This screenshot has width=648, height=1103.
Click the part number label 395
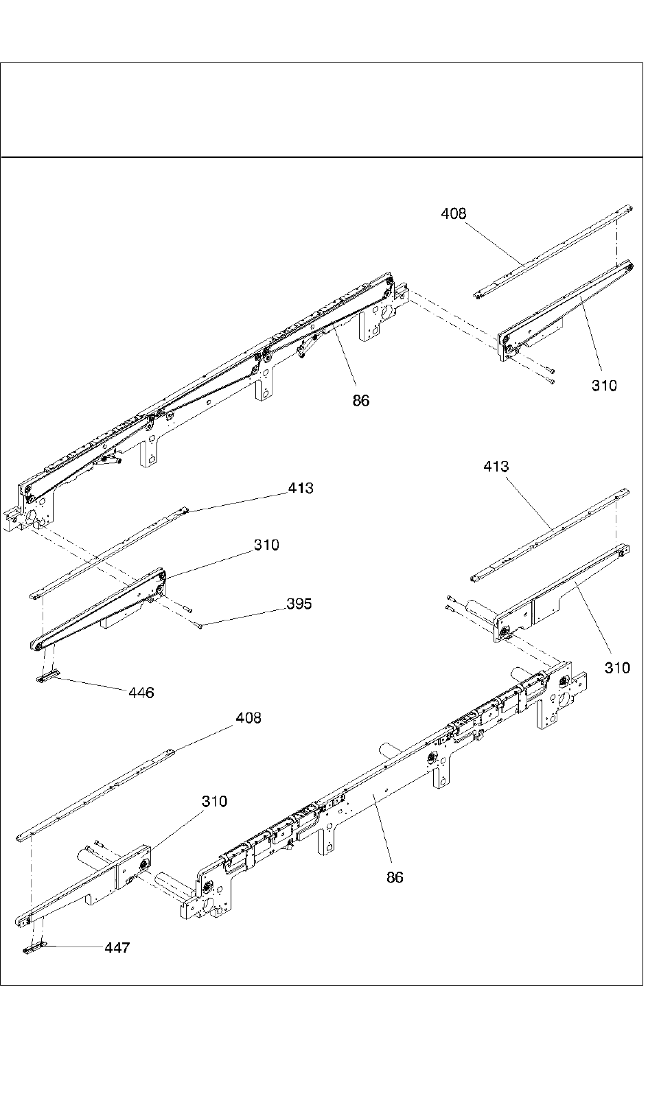click(x=299, y=603)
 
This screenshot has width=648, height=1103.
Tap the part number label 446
click(x=141, y=693)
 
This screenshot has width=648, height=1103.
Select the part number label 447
click(x=117, y=948)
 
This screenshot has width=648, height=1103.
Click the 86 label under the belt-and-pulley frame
click(x=361, y=400)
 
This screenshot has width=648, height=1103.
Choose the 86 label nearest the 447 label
click(x=395, y=877)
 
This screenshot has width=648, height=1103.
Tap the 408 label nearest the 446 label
click(x=248, y=718)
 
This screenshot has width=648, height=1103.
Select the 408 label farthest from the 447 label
click(x=453, y=213)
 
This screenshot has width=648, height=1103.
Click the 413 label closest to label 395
click(x=301, y=488)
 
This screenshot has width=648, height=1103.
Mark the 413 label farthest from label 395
click(x=496, y=467)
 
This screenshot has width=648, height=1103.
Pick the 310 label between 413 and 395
click(x=266, y=545)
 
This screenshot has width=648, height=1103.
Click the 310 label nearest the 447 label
click(x=214, y=801)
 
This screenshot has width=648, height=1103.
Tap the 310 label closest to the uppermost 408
click(x=604, y=386)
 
